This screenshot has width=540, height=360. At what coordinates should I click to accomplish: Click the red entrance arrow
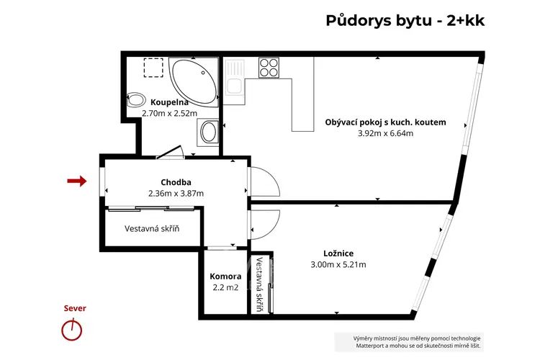77,181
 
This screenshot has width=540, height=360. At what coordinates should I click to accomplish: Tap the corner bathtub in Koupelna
194,81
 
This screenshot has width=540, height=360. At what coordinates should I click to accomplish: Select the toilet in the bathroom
135,100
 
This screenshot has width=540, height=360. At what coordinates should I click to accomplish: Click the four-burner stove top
269,68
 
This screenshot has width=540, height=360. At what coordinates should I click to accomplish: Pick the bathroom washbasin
208,132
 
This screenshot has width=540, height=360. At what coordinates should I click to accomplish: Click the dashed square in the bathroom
153,68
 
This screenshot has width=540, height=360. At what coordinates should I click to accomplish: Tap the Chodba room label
176,182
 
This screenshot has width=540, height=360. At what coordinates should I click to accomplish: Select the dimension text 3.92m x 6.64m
385,133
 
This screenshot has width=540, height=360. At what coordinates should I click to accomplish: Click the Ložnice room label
338,253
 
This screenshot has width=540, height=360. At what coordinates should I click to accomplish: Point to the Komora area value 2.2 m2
225,287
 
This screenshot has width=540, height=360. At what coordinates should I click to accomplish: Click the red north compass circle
72,330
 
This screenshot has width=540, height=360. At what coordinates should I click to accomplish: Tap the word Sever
75,308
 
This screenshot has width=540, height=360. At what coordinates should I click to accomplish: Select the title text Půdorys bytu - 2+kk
405,20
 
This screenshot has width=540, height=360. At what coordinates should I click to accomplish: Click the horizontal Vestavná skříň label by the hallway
152,228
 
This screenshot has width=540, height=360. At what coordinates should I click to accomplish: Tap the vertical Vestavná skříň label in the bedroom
259,284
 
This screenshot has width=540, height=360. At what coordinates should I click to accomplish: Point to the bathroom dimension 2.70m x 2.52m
169,113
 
